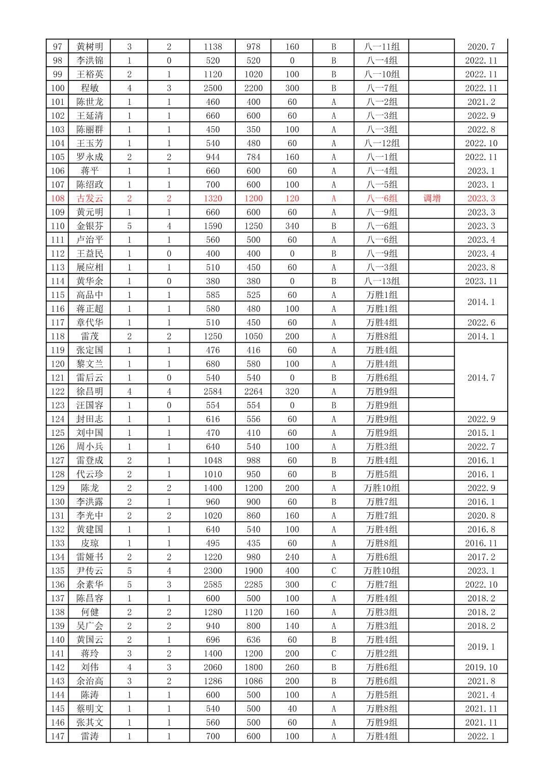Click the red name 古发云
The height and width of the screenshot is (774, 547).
point(90,199)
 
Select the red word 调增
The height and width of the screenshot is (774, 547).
point(432,199)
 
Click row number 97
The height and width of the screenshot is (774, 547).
point(58,47)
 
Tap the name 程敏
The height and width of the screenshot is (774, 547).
point(90,88)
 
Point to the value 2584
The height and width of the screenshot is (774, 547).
point(212,392)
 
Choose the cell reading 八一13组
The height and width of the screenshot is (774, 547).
point(381,281)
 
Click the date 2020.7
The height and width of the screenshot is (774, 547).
point(481,47)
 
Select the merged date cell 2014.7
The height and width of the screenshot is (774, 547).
point(481,378)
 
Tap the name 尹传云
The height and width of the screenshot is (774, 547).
point(90,571)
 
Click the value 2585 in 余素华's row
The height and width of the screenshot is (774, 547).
point(212,585)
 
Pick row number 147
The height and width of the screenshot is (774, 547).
point(58,736)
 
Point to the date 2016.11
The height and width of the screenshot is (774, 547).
point(481,543)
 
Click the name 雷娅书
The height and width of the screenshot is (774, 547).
point(90,557)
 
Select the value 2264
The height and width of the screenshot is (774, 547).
point(253,392)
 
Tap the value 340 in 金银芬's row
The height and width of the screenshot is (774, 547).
point(292,226)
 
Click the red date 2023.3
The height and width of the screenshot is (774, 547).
point(481,199)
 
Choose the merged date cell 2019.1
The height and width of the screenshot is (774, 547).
point(481,647)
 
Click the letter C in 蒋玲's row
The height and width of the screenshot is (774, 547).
point(334,653)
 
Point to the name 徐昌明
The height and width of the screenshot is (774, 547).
point(90,392)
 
